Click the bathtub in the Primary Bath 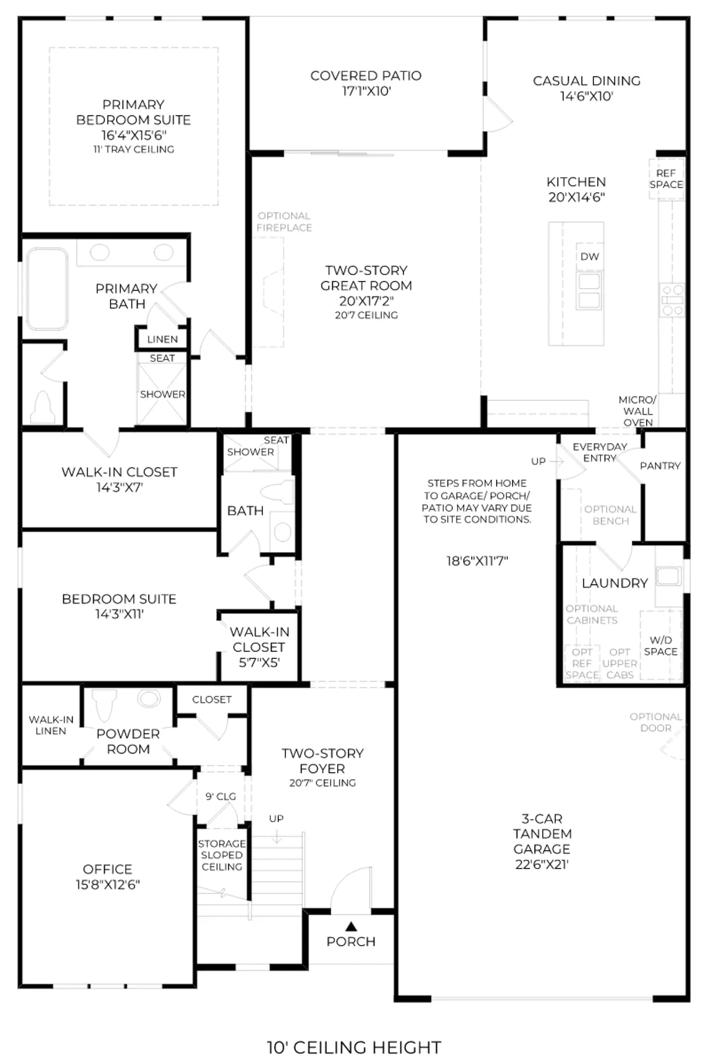pos(47,289)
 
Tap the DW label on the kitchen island pos(589,256)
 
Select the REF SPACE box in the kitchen pos(666,179)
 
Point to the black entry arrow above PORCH pos(351,926)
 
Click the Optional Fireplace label pos(284,221)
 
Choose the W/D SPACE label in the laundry pos(660,645)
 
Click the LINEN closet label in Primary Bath pos(162,339)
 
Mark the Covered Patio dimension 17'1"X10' pos(366,91)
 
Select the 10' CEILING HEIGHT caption pos(354,1047)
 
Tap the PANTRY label pos(660,466)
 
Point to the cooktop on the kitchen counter pos(672,300)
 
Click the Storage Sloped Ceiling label pos(222,855)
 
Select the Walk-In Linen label pos(51,725)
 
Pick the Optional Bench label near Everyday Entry pos(610,515)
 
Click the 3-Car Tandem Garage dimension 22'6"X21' pos(542,864)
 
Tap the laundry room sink pos(668,576)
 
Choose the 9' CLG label pos(221,796)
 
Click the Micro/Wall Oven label pos(638,411)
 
